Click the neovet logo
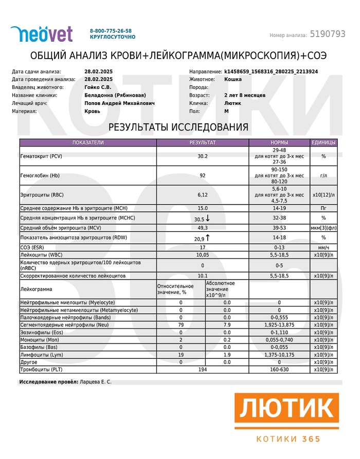click(x=42, y=34)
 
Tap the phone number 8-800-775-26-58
click(x=111, y=31)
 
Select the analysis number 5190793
click(x=327, y=34)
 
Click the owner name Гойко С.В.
click(x=98, y=87)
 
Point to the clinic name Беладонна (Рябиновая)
click(x=115, y=95)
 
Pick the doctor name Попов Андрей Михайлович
click(x=119, y=103)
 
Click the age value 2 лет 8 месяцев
click(x=245, y=95)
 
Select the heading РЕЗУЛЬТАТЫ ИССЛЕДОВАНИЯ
click(x=178, y=127)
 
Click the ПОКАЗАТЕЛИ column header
click(x=88, y=142)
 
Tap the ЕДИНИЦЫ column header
click(x=323, y=142)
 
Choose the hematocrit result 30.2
click(x=203, y=156)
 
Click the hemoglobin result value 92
click(x=203, y=175)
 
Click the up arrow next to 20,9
click(x=208, y=238)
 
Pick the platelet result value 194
click(x=203, y=370)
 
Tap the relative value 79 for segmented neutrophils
click(x=181, y=325)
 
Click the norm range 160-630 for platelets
click(x=279, y=370)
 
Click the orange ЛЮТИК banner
click(x=287, y=411)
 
